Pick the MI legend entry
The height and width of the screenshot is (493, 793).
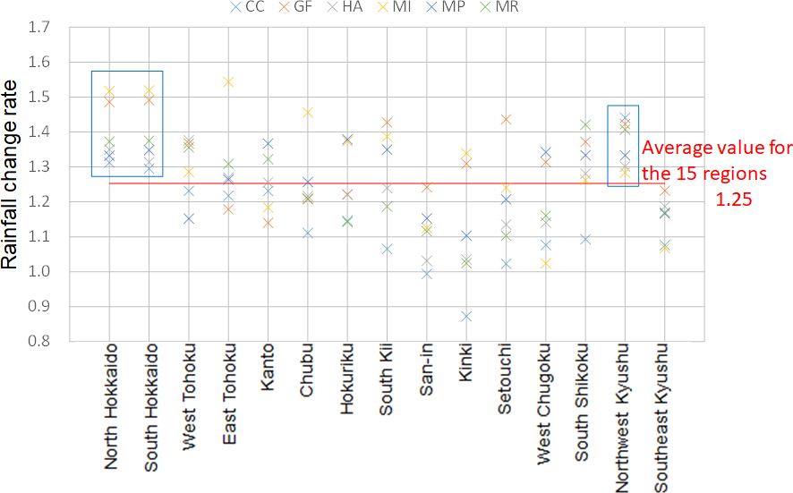coord(401,8)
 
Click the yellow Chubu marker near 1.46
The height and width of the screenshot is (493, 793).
coord(308,112)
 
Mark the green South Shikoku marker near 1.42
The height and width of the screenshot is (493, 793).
coord(585,125)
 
